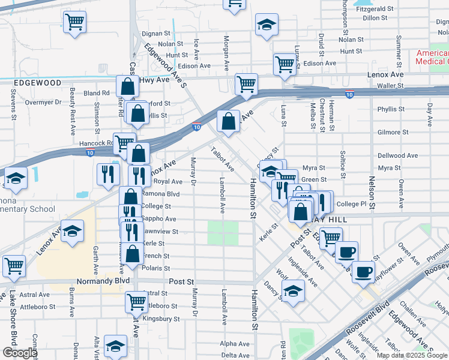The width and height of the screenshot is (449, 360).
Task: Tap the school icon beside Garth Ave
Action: tap(72, 232)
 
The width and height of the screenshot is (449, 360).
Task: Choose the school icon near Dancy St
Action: tap(292, 292)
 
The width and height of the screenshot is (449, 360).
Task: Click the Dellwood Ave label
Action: tap(397, 155)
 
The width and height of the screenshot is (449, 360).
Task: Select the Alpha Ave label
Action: tap(234, 344)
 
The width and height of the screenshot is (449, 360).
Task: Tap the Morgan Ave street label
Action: tap(227, 51)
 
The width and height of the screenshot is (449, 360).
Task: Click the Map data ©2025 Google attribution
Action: tap(412, 355)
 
